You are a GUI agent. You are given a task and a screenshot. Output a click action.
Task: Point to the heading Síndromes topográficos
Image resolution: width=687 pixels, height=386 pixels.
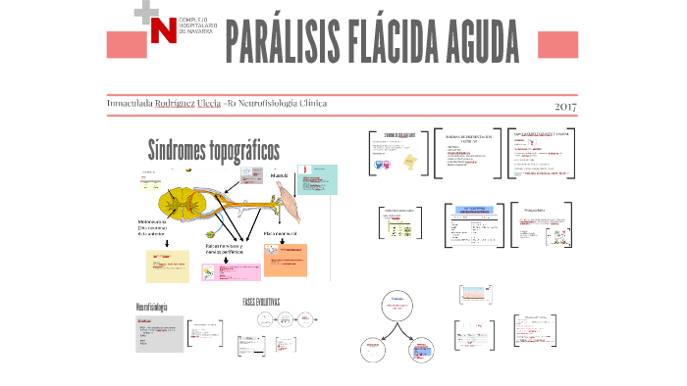click(213, 150)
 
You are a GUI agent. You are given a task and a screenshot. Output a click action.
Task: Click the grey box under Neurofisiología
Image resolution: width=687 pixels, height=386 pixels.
click(156, 334)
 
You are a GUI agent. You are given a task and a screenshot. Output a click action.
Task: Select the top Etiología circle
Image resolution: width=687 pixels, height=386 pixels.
click(398, 305)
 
